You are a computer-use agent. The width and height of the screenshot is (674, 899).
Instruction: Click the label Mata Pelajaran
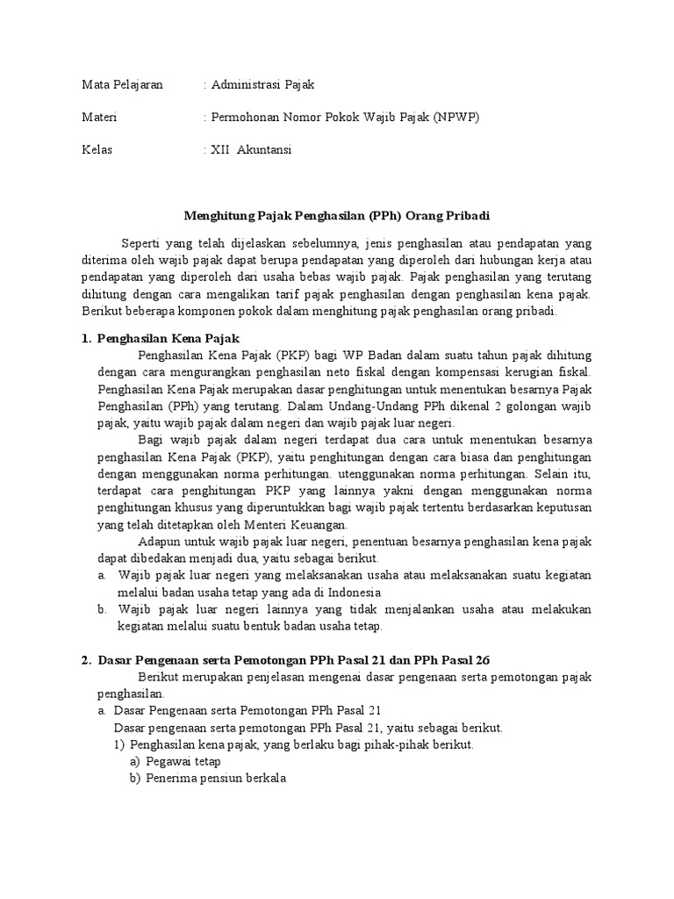122,85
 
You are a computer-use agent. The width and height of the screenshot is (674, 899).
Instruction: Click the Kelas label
97,149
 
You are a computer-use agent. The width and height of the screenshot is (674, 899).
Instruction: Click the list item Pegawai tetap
183,761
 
